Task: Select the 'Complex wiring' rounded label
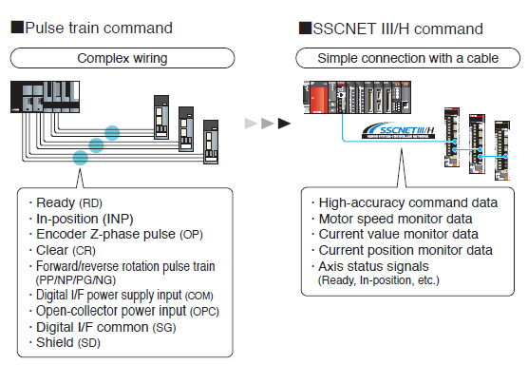[110, 58]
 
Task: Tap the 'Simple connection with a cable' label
[410, 58]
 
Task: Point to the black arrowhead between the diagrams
[283, 123]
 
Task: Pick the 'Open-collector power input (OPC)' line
[123, 310]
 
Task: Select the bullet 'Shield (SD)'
[67, 342]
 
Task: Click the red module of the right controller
[316, 100]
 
